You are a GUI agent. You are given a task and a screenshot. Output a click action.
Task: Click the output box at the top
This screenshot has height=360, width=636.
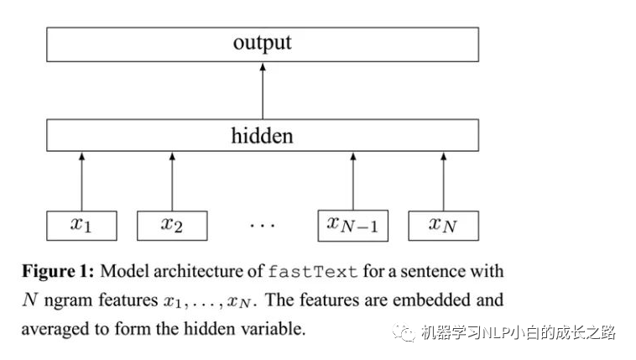(x=262, y=44)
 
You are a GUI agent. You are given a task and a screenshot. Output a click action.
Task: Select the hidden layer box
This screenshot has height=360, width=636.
(x=262, y=135)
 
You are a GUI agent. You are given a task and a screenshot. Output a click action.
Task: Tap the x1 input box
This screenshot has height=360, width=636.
(x=81, y=225)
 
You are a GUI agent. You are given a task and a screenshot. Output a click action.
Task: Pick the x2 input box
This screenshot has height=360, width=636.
(x=172, y=225)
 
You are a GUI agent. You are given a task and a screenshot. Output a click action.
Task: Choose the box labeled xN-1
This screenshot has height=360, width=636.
(x=352, y=225)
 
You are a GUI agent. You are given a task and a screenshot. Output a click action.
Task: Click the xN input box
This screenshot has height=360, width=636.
(x=443, y=225)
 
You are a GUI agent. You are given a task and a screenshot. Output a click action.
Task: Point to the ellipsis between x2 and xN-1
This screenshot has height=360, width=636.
(x=262, y=226)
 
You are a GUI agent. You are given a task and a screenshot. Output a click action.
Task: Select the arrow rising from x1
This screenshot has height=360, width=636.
(x=81, y=180)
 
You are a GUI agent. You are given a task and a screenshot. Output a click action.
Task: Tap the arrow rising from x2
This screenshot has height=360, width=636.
(x=172, y=180)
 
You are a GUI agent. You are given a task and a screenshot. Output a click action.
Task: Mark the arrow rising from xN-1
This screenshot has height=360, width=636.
(x=352, y=180)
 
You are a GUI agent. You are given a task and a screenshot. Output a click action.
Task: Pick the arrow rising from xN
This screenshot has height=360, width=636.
(x=443, y=180)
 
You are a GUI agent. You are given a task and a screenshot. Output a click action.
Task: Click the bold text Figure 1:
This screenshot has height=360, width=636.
(x=58, y=272)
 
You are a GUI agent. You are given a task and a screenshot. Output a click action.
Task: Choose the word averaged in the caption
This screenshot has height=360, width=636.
(x=54, y=328)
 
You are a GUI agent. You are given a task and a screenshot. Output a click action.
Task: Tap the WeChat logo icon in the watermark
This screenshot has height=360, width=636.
(x=405, y=333)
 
